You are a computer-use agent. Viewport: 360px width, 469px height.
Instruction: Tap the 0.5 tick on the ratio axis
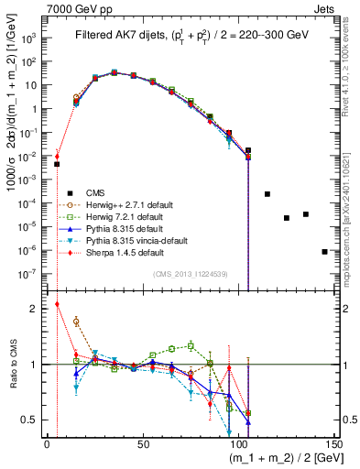pos(33,420)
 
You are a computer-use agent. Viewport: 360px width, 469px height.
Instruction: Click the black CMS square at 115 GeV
pos(267,194)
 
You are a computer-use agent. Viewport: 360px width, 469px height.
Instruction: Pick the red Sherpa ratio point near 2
pos(57,304)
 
